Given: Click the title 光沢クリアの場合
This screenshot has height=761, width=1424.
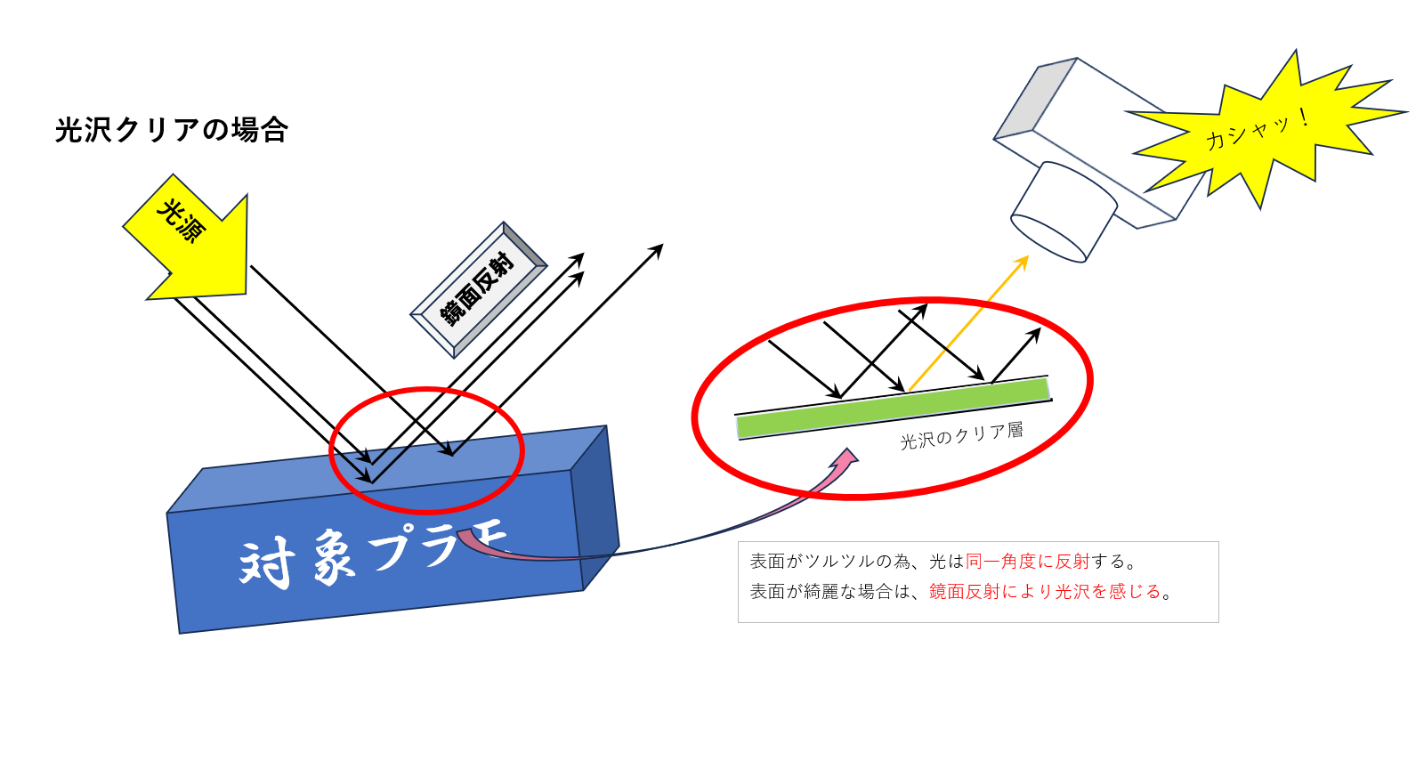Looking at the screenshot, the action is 172,130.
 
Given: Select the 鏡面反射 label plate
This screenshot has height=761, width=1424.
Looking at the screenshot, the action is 478,290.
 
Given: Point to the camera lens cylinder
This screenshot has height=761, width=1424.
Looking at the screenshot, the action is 1064,212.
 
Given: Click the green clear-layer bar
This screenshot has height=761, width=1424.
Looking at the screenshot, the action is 893,409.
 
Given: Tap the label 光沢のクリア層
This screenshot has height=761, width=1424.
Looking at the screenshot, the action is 962,435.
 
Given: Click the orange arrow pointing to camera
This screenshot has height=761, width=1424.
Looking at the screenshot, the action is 969,323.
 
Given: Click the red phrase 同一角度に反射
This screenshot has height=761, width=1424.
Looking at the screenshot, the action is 1027,562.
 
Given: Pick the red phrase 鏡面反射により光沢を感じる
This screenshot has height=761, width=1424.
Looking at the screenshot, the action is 1045,592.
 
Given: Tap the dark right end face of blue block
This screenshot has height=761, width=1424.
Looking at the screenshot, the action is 595,508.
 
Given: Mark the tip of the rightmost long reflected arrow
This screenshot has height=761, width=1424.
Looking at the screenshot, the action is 663,244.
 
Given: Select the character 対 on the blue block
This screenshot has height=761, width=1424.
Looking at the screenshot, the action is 267,563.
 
